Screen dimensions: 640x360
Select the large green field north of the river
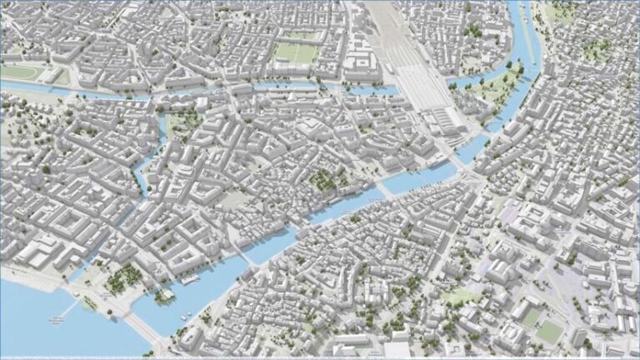(x=296, y=52)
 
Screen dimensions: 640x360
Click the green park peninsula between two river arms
(x=492, y=87)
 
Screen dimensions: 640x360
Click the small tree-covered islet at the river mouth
(x=164, y=294)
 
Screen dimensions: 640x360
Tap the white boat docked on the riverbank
(x=191, y=280)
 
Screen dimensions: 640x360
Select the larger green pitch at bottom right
(x=549, y=332)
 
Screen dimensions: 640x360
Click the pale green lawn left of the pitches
(x=459, y=297)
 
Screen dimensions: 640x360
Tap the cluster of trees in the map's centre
(x=321, y=179)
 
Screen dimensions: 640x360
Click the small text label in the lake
(x=57, y=318)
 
